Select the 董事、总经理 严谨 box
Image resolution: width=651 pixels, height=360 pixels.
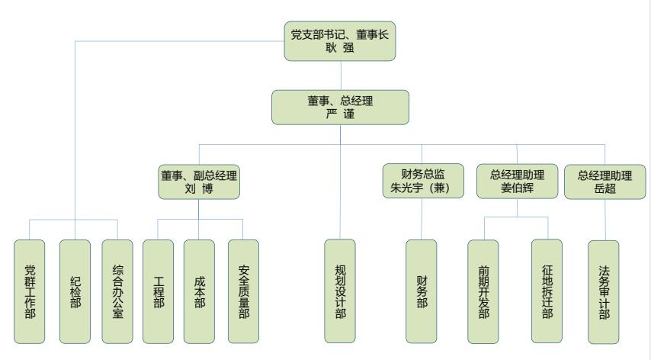click(340, 107)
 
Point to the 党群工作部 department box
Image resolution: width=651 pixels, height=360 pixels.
click(30, 291)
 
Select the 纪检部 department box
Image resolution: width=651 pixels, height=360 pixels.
click(74, 291)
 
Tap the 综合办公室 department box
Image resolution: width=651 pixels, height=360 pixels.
click(117, 291)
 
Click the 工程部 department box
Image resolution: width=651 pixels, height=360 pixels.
click(158, 291)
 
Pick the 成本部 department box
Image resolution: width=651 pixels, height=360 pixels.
click(199, 291)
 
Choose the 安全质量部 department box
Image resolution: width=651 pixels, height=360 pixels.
click(243, 291)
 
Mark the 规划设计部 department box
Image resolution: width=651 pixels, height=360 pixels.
click(340, 291)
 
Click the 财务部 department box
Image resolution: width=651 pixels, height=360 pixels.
click(422, 291)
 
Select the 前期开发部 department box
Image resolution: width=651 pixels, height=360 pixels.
click(483, 291)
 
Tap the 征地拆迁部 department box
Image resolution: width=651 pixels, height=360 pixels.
click(547, 291)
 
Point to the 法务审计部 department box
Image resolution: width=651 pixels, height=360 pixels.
click(604, 291)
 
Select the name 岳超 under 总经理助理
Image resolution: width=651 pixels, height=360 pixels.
click(604, 189)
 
